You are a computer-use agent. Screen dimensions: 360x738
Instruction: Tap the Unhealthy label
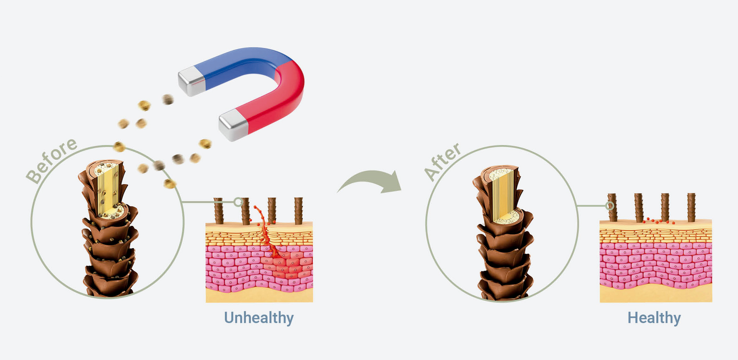259,318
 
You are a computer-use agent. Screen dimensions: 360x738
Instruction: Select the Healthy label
654,318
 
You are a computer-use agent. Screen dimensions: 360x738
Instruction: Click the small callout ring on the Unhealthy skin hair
238,202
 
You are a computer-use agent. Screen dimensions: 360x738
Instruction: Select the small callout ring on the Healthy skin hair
610,206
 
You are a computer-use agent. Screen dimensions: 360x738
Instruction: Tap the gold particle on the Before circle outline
119,146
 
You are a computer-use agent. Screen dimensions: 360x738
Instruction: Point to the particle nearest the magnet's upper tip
168,99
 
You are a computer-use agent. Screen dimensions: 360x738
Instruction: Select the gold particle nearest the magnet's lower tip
205,144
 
